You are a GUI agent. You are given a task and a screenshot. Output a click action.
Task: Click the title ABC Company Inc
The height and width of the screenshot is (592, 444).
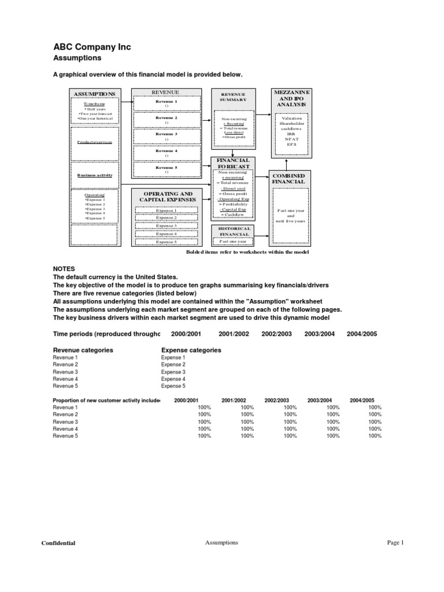click(92, 47)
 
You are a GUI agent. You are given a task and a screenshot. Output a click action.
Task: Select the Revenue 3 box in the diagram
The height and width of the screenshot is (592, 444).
click(166, 136)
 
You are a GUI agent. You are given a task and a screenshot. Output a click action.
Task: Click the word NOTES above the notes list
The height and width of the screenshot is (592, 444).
click(64, 269)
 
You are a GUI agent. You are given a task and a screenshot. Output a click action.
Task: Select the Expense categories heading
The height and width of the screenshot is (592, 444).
click(191, 350)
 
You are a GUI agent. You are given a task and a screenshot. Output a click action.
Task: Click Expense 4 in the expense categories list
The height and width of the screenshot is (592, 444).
click(173, 379)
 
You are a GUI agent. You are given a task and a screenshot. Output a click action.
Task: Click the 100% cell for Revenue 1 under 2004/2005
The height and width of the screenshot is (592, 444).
click(374, 408)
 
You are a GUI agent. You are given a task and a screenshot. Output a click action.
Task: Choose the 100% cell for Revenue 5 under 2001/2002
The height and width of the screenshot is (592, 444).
click(246, 436)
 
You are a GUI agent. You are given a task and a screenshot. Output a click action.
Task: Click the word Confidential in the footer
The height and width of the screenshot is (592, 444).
click(58, 543)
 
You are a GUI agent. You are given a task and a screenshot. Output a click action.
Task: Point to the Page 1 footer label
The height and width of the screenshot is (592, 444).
click(395, 542)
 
